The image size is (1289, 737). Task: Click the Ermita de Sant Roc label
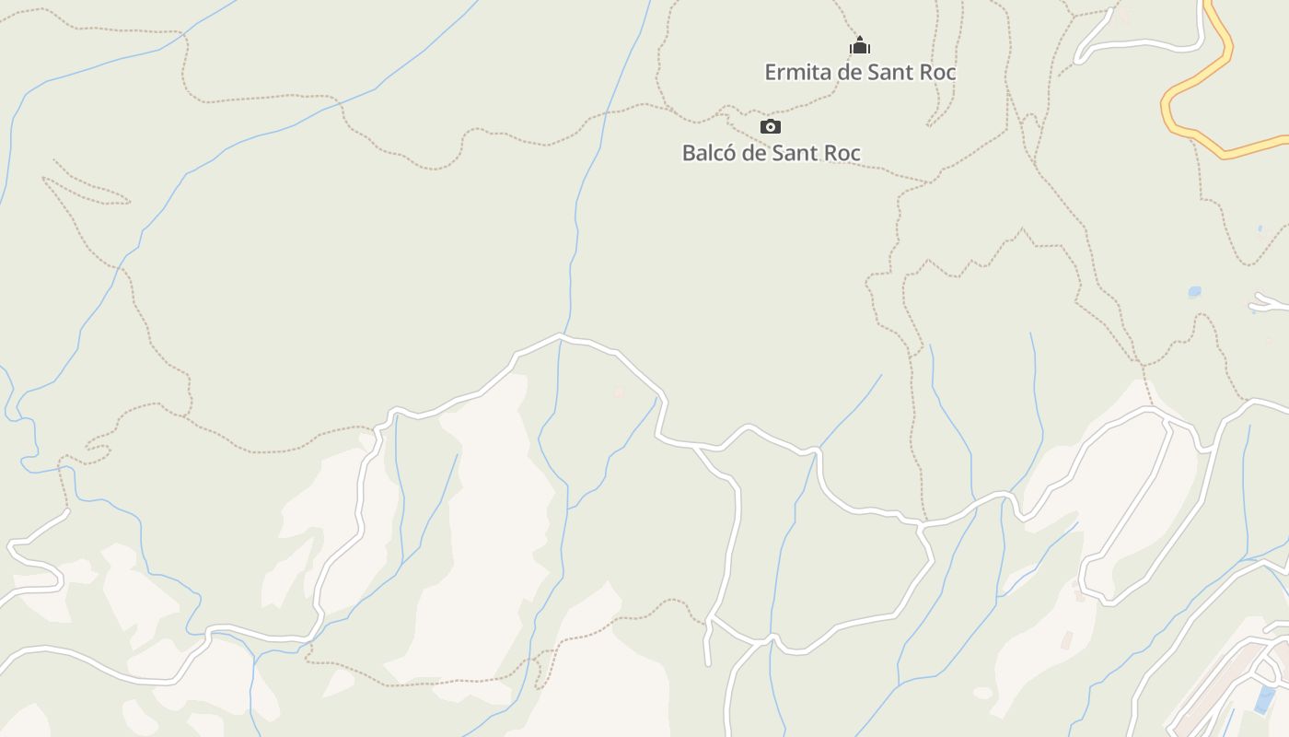(x=860, y=72)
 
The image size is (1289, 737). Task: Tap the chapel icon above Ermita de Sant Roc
(x=860, y=45)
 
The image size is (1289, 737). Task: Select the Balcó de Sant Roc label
(x=771, y=153)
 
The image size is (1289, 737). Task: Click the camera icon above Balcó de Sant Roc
(x=771, y=126)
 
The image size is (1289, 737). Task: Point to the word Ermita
(x=795, y=72)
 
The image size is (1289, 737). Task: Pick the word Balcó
(x=709, y=153)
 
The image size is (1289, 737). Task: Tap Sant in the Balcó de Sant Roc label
(x=796, y=153)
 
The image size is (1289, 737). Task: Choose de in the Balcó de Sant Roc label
(x=755, y=153)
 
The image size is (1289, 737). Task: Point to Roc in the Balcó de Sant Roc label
(x=842, y=153)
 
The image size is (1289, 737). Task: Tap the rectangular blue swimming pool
(x=1265, y=698)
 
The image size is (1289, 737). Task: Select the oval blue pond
(x=1194, y=292)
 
